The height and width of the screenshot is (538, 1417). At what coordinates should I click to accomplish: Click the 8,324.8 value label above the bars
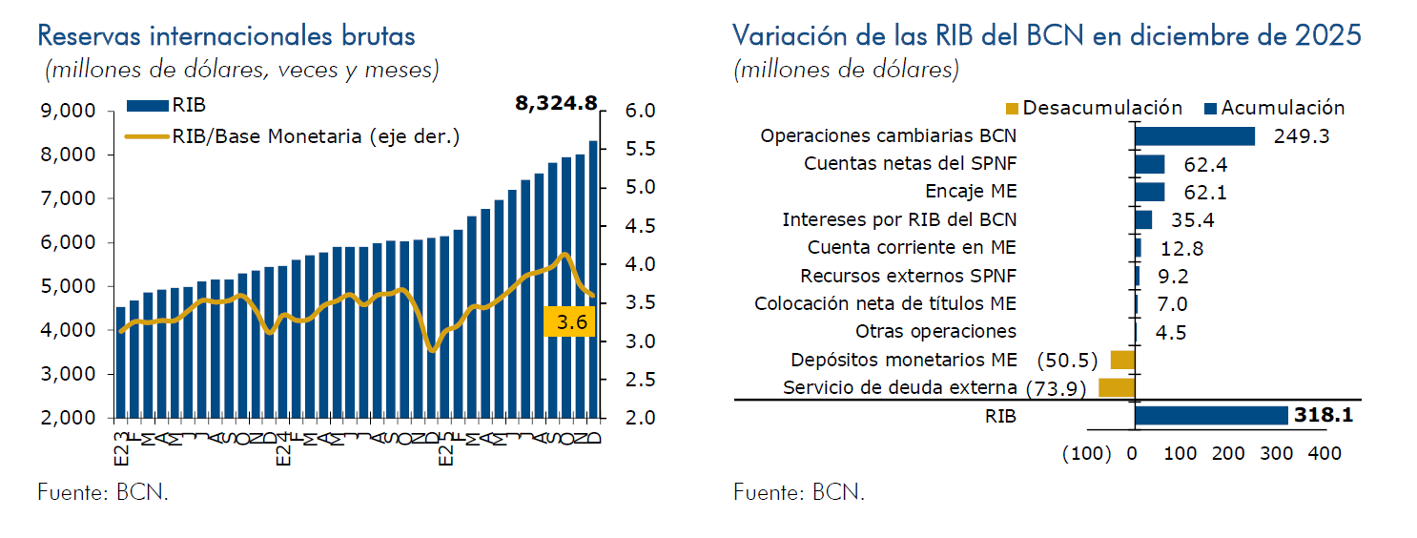coord(556,103)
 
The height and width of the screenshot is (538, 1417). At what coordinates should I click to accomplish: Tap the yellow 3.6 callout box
coord(570,322)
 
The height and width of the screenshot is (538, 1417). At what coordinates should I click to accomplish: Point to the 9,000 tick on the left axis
coord(70,111)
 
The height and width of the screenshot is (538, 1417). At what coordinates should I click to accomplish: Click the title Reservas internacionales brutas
coord(226,36)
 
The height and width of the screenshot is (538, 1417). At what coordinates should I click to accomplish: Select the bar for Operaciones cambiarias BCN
coord(1194,136)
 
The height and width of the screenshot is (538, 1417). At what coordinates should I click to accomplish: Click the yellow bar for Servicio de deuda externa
coord(1116,387)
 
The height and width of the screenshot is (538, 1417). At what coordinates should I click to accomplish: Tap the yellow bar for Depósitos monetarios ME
coord(1121,360)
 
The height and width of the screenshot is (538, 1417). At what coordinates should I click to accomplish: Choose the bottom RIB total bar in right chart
coord(1211,416)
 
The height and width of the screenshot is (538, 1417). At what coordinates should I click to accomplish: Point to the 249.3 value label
coord(1301,136)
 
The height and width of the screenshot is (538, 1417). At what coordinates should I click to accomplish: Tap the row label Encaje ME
coord(971,192)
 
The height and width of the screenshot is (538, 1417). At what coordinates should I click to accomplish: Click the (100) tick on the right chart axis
coord(1087,453)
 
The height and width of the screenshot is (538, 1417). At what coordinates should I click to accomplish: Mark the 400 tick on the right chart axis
coord(1325,453)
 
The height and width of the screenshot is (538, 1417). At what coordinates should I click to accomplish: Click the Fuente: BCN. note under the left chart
coord(103,493)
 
